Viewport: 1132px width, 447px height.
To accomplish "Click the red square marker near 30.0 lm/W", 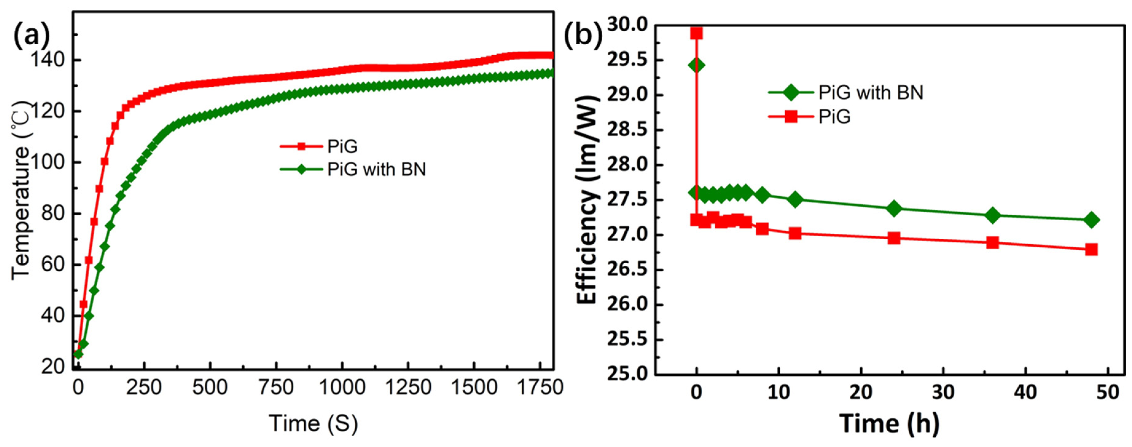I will click(x=696, y=33).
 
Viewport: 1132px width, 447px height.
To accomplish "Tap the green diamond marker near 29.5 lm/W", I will click(x=696, y=65).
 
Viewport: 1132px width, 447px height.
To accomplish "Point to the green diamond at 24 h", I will click(x=894, y=208).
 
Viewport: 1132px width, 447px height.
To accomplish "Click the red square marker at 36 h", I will click(x=992, y=242).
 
